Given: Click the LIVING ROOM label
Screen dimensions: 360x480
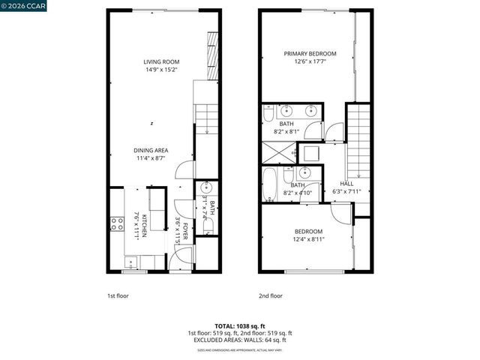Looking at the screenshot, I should click(x=161, y=62).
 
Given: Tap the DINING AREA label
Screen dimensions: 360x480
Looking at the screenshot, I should click(x=151, y=150).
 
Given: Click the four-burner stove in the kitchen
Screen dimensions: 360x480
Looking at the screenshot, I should click(x=117, y=223).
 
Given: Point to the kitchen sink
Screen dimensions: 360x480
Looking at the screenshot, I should click(x=132, y=262).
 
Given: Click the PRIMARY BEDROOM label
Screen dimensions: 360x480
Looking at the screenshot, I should click(x=309, y=54).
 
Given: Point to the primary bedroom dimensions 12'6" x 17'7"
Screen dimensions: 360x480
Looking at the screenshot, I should click(x=309, y=62).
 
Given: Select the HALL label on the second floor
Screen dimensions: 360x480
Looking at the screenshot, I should click(x=346, y=184).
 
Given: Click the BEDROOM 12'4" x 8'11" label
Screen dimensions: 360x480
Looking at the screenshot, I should click(x=308, y=231).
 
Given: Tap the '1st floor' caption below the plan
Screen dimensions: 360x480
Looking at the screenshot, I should click(x=117, y=295).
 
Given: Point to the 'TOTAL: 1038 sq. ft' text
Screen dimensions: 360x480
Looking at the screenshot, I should click(x=239, y=326).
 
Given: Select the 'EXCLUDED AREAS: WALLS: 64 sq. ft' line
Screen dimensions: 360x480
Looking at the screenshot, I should click(x=239, y=340).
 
